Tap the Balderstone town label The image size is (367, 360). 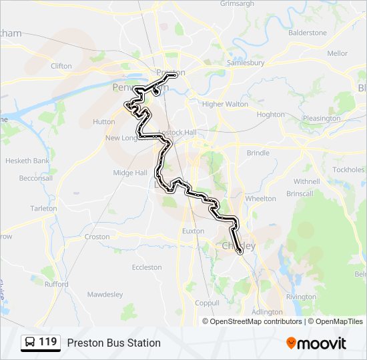pyautogui.click(x=308, y=33)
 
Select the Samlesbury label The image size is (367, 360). pyautogui.click(x=246, y=63)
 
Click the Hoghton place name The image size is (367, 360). pyautogui.click(x=271, y=115)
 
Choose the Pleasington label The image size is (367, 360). pyautogui.click(x=322, y=119)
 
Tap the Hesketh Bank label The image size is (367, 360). pyautogui.click(x=27, y=161)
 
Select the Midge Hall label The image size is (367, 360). pyautogui.click(x=130, y=173)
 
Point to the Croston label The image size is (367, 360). pyautogui.click(x=97, y=237)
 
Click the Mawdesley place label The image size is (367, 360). pyautogui.click(x=105, y=294)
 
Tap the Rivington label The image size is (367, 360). pyautogui.click(x=301, y=297)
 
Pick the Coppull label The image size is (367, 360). pyautogui.click(x=207, y=303)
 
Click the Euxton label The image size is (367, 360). pyautogui.click(x=193, y=231)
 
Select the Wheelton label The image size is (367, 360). pyautogui.click(x=260, y=199)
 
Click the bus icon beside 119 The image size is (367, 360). pyautogui.click(x=30, y=343)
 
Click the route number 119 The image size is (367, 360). pyautogui.click(x=48, y=342)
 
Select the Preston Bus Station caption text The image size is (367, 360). pyautogui.click(x=113, y=343)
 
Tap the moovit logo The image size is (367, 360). pyautogui.click(x=316, y=343)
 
